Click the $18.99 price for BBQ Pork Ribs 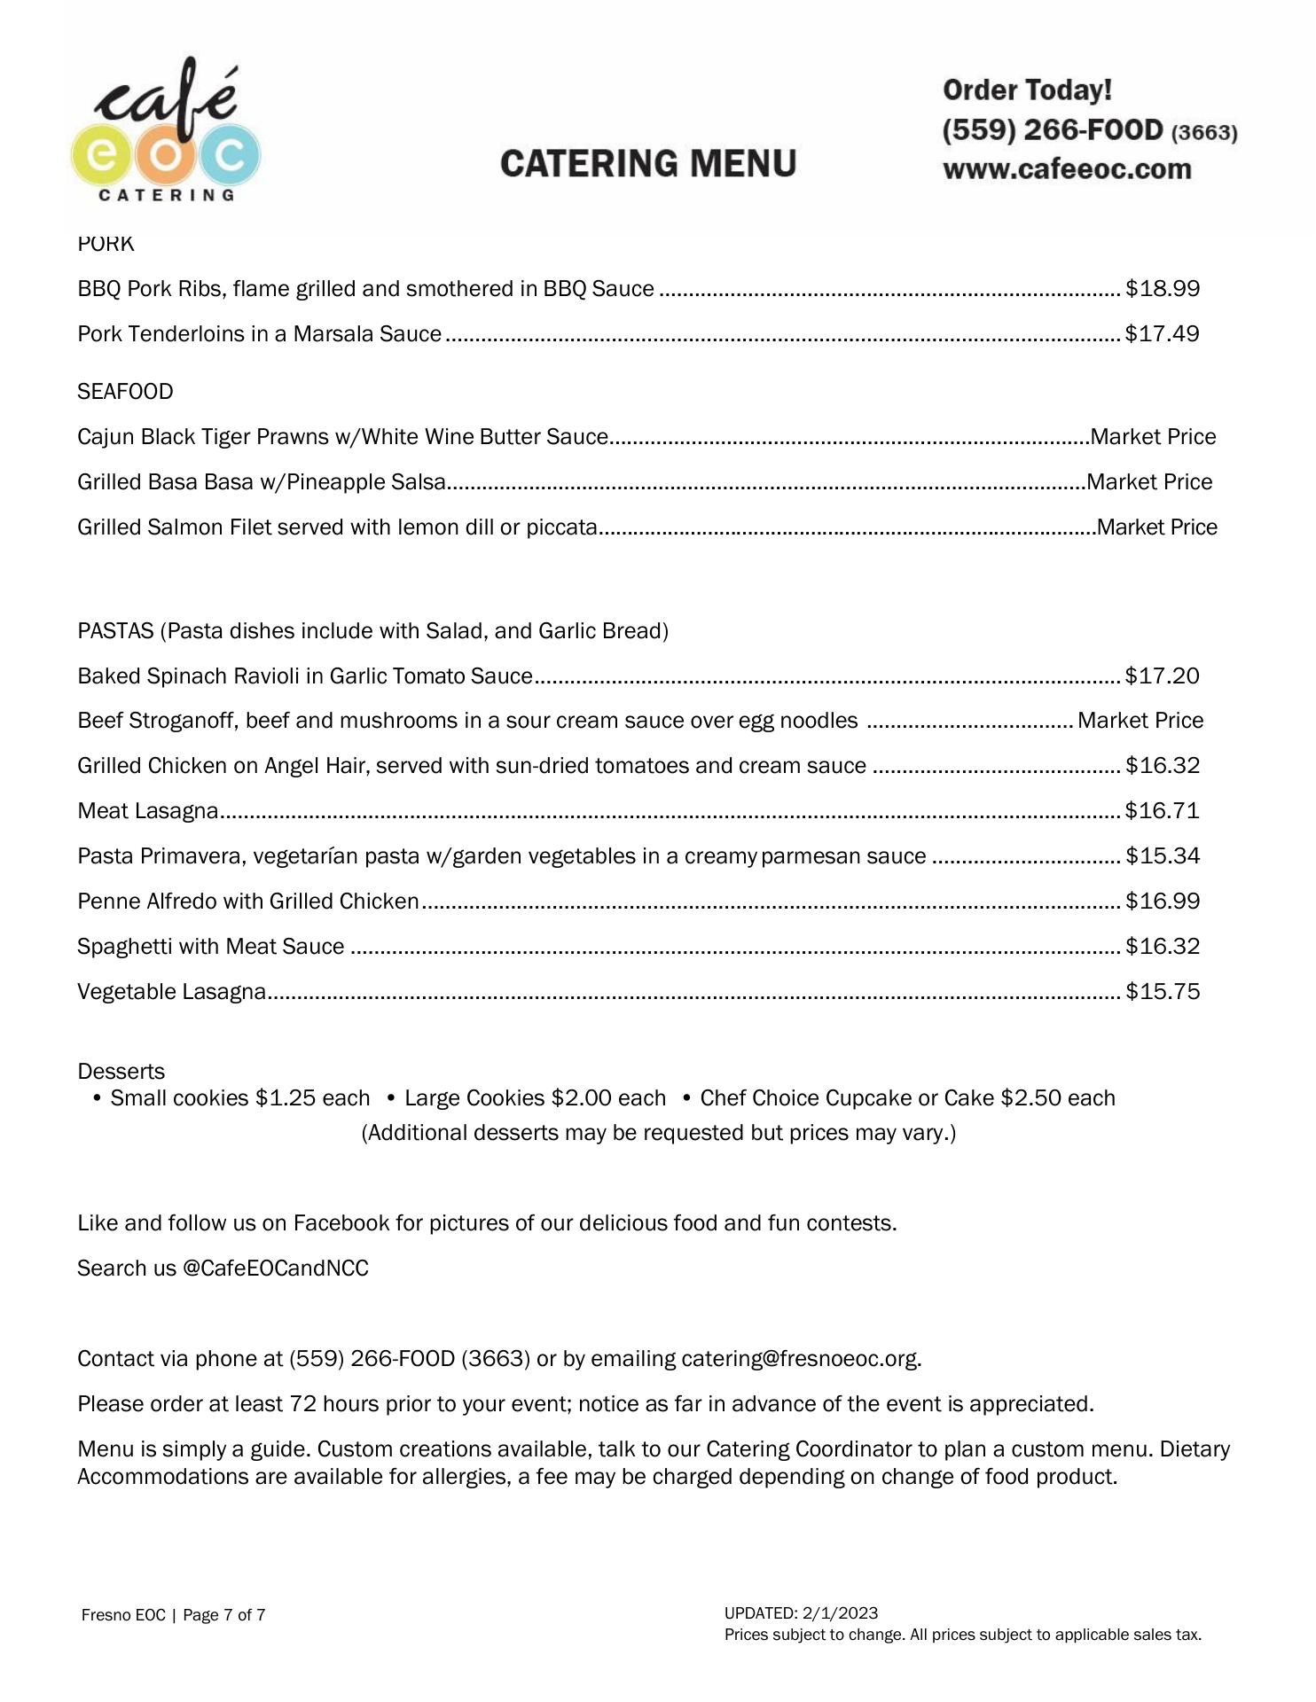[1162, 289]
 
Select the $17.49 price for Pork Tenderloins [1162, 334]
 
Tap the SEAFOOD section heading [125, 392]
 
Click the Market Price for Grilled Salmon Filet [1156, 527]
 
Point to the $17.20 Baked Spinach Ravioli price [1162, 676]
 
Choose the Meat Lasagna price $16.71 [1162, 811]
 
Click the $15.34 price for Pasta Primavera [1162, 856]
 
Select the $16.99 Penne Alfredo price [1162, 902]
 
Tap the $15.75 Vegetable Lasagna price [1162, 992]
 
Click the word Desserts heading [121, 1072]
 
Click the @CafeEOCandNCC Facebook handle [275, 1269]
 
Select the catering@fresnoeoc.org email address [800, 1359]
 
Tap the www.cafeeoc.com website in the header [1067, 169]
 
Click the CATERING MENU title [648, 164]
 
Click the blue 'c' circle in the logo [229, 156]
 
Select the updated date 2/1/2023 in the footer [840, 1613]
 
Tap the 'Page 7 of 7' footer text [223, 1615]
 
